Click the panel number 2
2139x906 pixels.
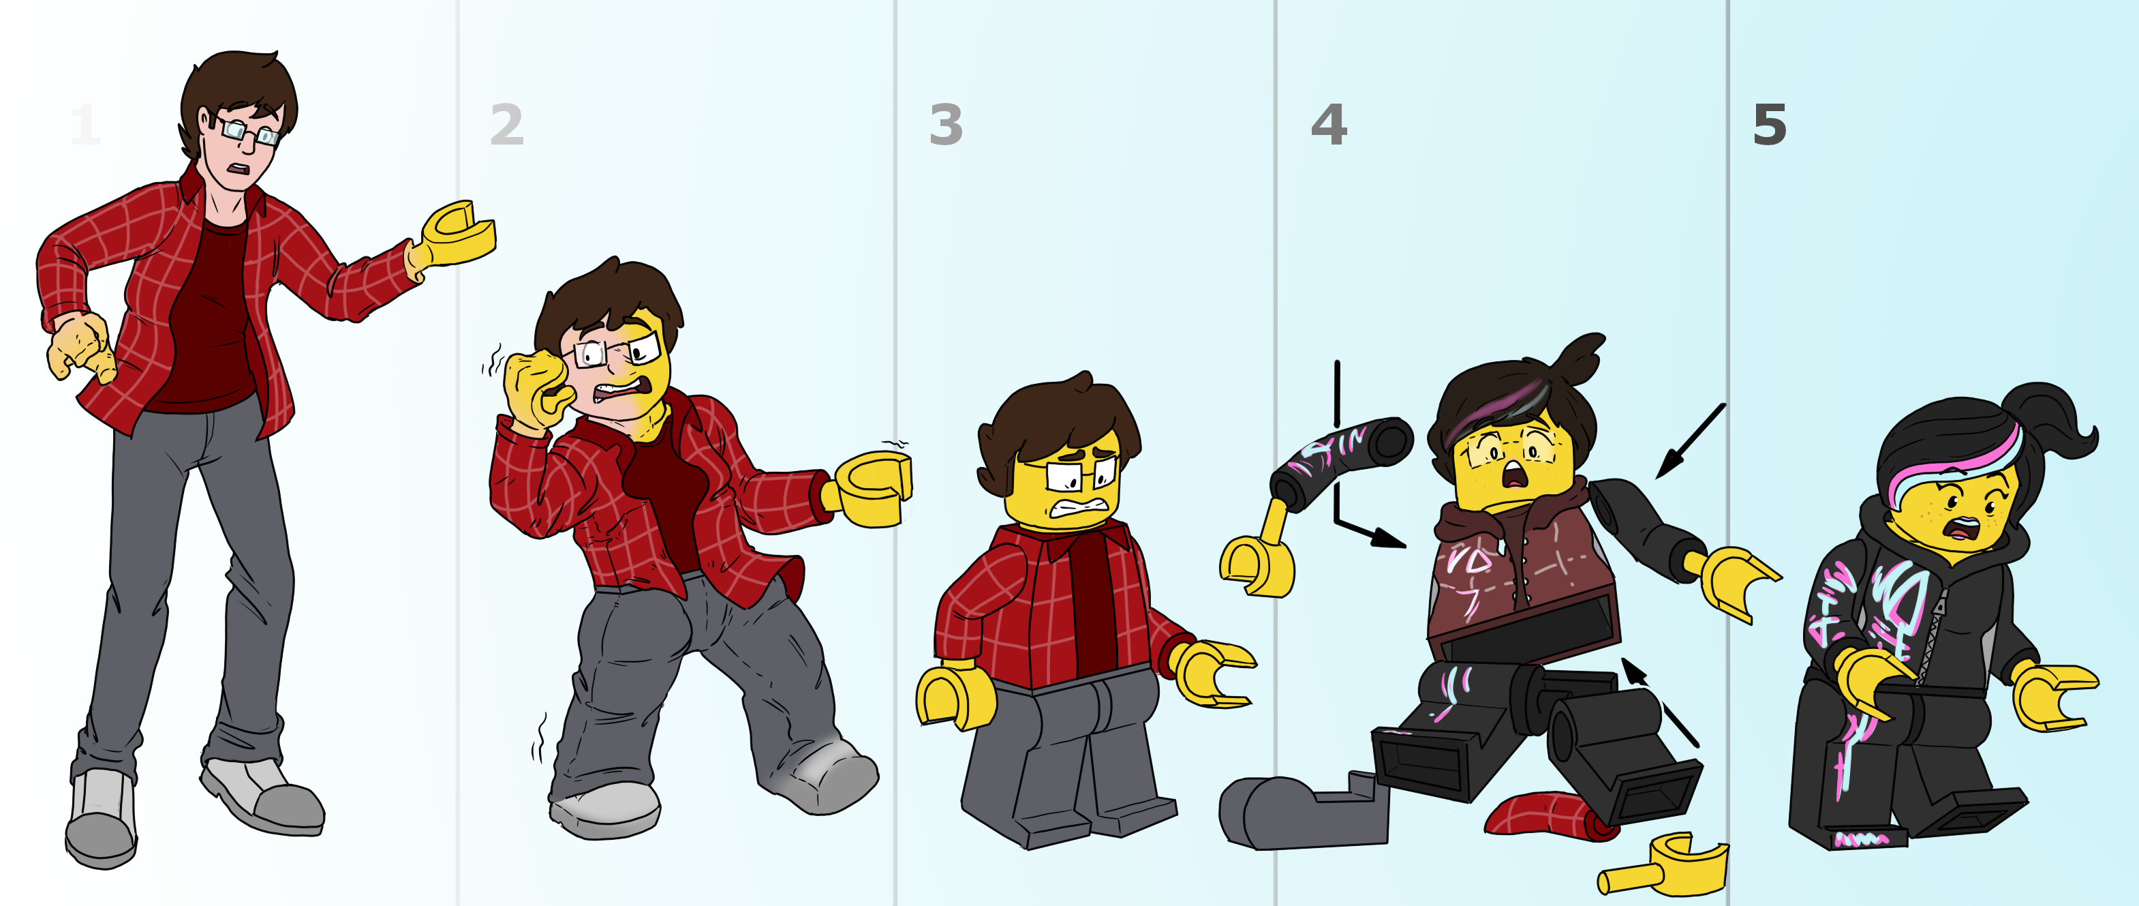(506, 125)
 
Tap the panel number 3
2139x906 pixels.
(946, 125)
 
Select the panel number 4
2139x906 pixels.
(1329, 125)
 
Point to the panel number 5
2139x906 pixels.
(1770, 125)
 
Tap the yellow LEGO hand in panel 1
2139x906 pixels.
(452, 235)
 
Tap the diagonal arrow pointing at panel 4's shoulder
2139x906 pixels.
(1691, 441)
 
